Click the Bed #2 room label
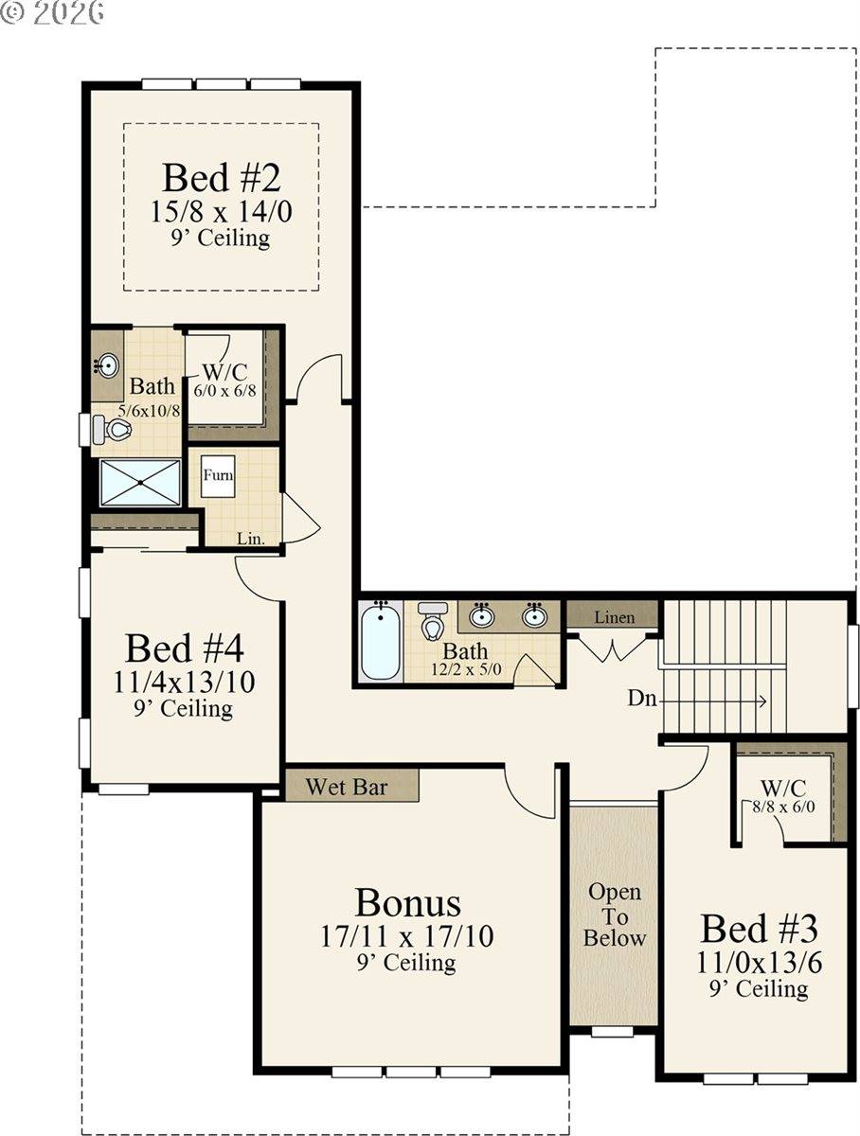pos(222,177)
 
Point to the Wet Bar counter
pos(351,786)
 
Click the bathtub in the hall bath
pos(381,642)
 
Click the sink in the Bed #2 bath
pos(107,365)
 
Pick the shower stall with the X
pos(140,483)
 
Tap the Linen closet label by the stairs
pos(614,617)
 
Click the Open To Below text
pos(614,914)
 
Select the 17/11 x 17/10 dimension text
pos(406,936)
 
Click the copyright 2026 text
pos(52,12)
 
